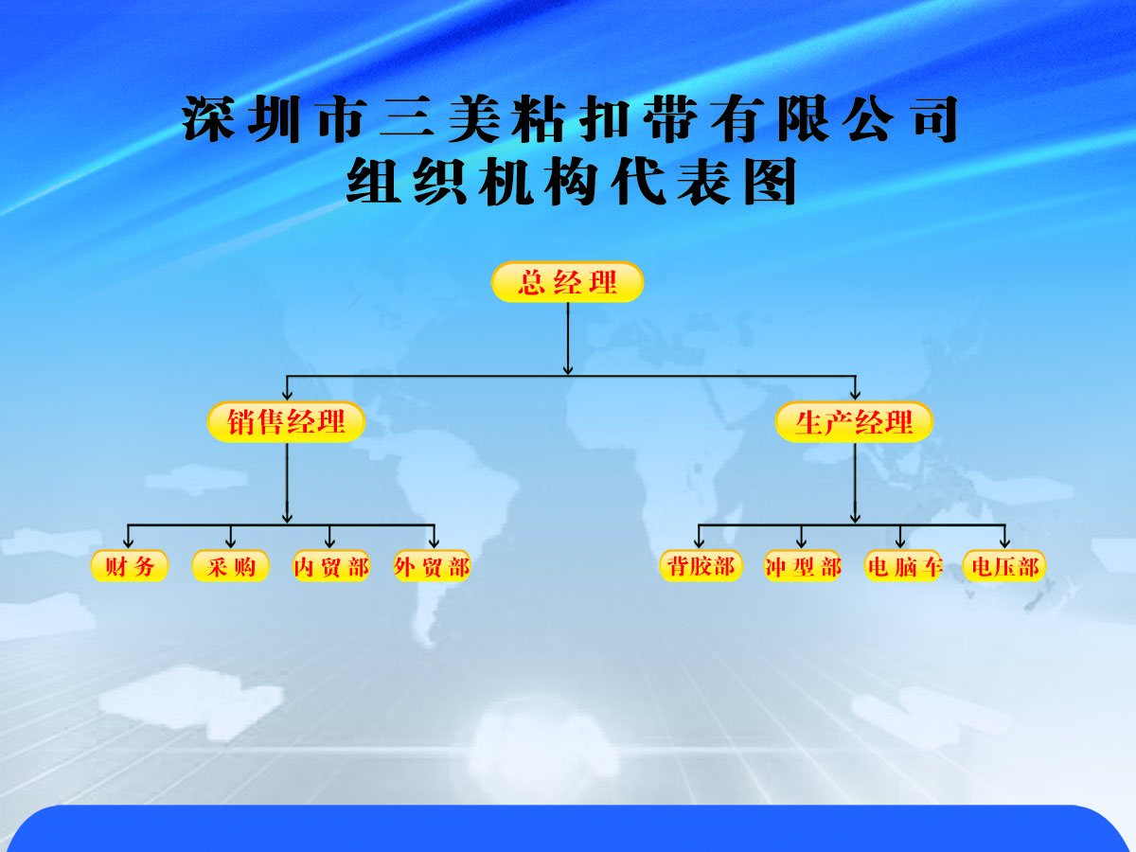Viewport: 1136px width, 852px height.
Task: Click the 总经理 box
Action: click(x=567, y=282)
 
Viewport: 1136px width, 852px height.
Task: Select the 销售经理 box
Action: click(x=286, y=421)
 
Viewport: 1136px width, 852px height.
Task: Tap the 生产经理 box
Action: click(x=854, y=421)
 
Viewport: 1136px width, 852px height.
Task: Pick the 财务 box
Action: click(x=130, y=566)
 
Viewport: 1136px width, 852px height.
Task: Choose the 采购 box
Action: click(x=230, y=566)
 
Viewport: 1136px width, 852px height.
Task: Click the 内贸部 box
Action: click(x=331, y=566)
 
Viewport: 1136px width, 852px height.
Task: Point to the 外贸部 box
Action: click(x=432, y=566)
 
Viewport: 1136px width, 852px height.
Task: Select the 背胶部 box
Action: click(x=701, y=566)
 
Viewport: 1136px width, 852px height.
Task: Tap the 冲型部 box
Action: click(x=803, y=566)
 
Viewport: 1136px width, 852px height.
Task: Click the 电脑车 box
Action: click(x=904, y=566)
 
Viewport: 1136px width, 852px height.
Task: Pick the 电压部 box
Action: click(x=1004, y=566)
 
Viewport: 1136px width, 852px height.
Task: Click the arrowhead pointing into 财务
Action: click(x=129, y=543)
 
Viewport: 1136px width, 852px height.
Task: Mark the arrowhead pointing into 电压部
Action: click(x=1004, y=543)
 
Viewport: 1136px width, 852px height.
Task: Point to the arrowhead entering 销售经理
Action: click(x=287, y=395)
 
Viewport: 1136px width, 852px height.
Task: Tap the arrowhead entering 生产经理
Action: click(x=855, y=395)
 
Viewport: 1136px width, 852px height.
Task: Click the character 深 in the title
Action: click(x=208, y=119)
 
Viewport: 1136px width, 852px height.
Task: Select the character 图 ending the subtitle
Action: click(x=770, y=182)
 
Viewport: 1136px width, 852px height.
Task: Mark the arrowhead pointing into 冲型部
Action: click(x=801, y=543)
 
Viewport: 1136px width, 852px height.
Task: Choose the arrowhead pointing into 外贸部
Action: click(x=434, y=543)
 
